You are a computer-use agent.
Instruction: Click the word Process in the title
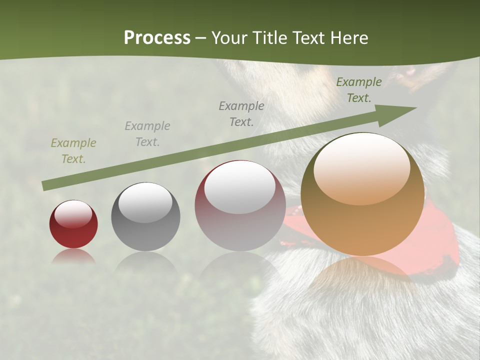[157, 38]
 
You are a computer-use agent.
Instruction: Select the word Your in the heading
[230, 38]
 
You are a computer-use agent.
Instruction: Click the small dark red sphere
[73, 224]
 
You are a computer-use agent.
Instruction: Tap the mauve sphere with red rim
[240, 206]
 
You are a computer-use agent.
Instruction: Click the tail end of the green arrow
[46, 185]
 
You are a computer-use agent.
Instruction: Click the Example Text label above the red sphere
[73, 151]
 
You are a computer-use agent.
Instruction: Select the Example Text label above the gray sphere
[147, 134]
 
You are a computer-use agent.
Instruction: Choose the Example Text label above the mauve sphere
[241, 113]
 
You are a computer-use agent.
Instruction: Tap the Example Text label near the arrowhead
[359, 90]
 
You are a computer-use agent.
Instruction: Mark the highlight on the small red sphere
[73, 214]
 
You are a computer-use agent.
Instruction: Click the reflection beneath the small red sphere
[73, 256]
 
